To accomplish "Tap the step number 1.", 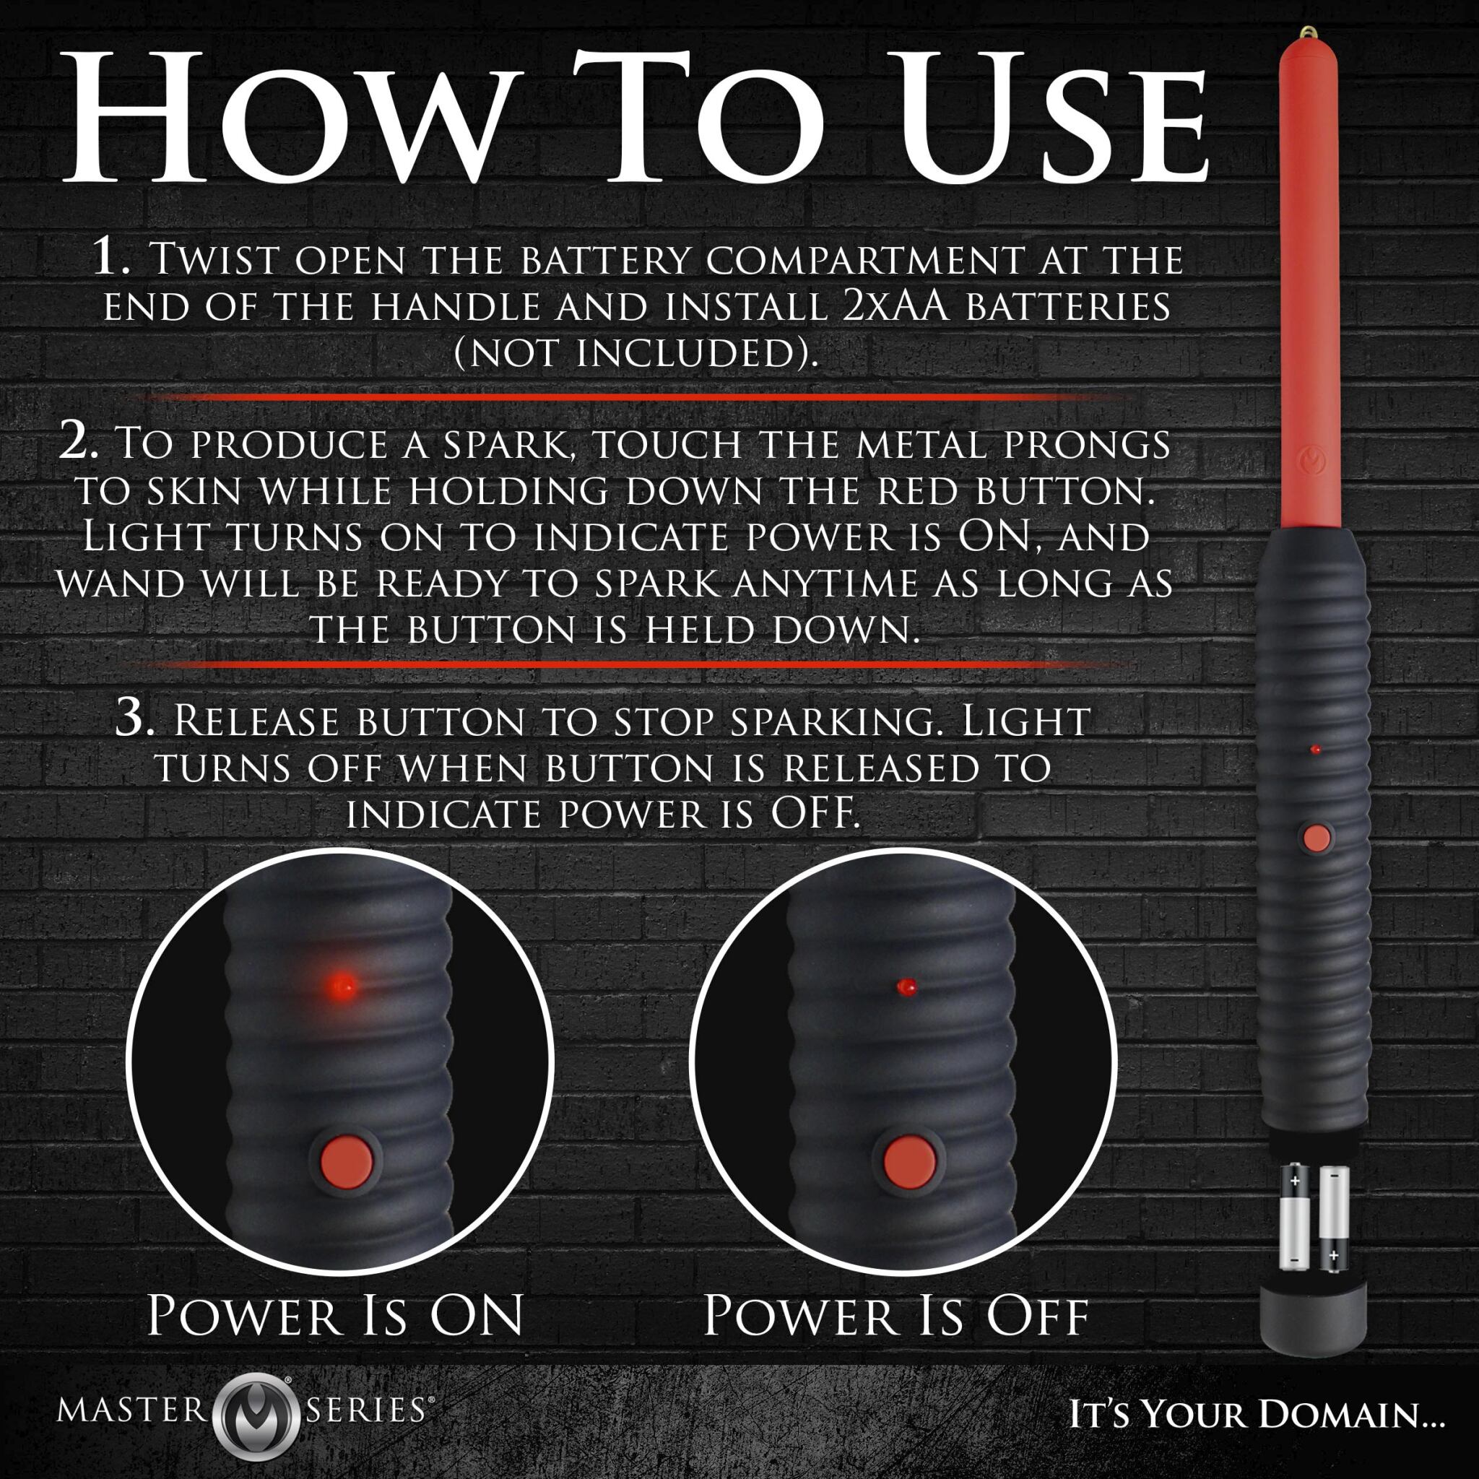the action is click(x=113, y=258).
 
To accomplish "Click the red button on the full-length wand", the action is click(x=1317, y=837).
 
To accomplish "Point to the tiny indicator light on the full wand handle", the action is click(x=1315, y=750).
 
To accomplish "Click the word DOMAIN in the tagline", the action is click(x=1351, y=1415).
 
